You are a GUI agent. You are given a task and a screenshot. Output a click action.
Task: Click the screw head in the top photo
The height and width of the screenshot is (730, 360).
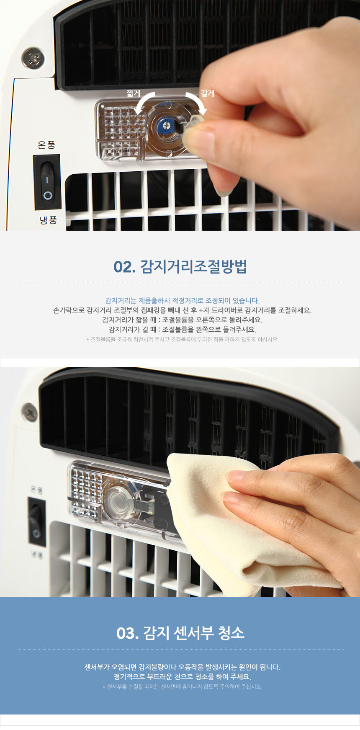click(33, 58)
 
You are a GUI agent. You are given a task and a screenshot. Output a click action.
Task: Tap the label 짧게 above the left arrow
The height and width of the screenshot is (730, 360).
click(133, 93)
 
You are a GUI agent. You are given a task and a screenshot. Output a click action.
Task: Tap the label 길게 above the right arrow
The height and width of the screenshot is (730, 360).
click(208, 93)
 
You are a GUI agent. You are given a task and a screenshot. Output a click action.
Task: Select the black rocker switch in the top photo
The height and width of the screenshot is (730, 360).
click(47, 183)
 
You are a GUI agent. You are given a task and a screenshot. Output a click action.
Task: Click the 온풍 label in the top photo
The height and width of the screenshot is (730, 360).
click(46, 145)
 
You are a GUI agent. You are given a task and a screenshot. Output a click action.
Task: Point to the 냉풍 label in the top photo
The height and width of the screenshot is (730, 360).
click(48, 220)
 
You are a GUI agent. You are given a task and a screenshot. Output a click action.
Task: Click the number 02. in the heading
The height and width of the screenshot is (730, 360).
click(125, 267)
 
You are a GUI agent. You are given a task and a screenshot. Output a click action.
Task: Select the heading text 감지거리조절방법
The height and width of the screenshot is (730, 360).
click(193, 267)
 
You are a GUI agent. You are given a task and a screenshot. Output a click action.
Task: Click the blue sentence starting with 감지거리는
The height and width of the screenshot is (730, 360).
click(182, 300)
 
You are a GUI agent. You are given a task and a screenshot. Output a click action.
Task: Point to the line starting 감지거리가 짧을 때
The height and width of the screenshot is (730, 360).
click(182, 320)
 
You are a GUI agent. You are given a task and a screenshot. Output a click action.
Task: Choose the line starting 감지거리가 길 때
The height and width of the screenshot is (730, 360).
click(182, 329)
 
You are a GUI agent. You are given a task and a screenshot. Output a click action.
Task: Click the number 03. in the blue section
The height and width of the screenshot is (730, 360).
click(128, 633)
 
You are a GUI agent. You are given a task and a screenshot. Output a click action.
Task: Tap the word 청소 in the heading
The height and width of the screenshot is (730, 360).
click(231, 632)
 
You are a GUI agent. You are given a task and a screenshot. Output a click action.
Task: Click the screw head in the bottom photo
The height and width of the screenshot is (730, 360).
click(29, 413)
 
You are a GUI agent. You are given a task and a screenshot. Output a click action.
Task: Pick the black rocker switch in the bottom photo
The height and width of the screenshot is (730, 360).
click(37, 521)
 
